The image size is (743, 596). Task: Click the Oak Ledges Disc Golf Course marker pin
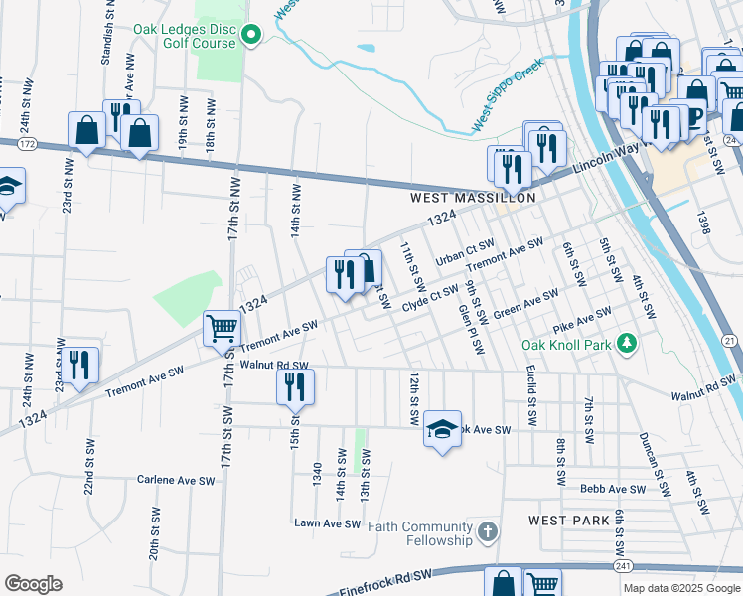(250, 37)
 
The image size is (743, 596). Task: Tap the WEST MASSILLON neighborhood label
(474, 198)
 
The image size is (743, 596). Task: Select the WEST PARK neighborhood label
(562, 521)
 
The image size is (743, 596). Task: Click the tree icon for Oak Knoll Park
(626, 344)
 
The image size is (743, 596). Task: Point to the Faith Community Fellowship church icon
(487, 533)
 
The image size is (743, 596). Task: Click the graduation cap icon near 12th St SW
(442, 428)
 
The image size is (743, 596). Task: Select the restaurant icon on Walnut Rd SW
(295, 385)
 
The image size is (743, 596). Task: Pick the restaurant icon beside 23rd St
(79, 365)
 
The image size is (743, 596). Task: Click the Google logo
(33, 584)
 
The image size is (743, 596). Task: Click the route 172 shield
(27, 145)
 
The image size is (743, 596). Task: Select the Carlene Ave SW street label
(176, 480)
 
